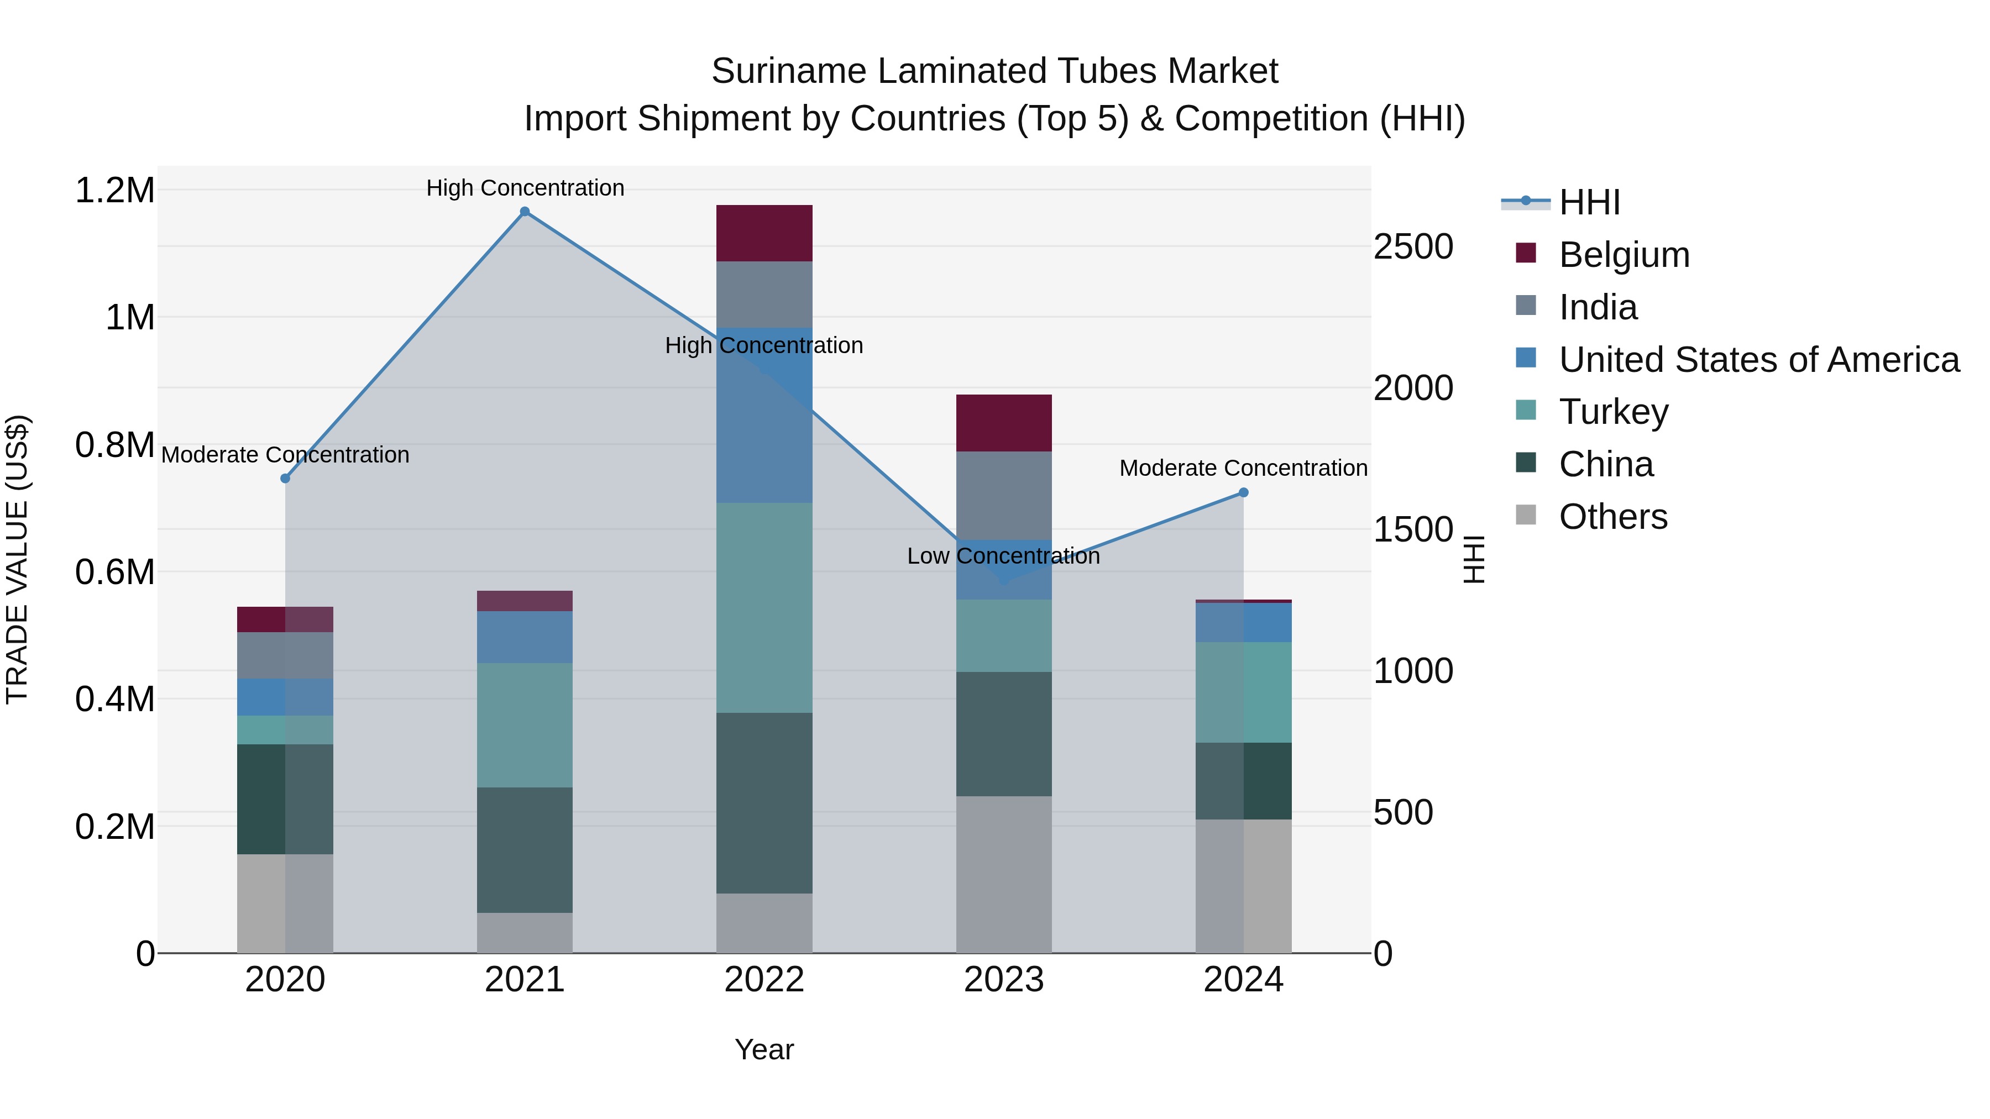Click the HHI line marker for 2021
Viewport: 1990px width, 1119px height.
point(525,212)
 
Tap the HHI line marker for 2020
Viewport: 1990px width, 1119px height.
point(285,478)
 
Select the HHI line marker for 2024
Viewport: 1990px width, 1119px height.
point(1243,492)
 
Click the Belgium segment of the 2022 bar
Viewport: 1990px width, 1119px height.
point(764,233)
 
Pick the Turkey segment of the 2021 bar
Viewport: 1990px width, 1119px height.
point(525,724)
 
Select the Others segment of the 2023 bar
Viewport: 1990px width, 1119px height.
point(1003,874)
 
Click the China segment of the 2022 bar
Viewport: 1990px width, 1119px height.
point(764,802)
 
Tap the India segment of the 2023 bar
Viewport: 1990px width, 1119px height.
point(1003,495)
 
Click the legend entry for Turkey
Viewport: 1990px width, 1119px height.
point(1613,412)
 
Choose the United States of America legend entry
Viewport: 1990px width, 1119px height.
point(1758,360)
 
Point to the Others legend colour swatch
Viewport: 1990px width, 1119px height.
point(1526,515)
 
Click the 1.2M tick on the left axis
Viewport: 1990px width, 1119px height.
point(115,191)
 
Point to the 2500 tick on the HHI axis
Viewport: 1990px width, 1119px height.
point(1413,247)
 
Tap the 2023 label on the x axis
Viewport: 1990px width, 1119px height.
point(1003,980)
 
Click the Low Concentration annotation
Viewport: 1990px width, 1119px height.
point(1003,556)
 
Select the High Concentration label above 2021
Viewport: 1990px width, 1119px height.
point(525,188)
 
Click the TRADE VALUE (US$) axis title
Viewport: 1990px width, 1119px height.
point(17,559)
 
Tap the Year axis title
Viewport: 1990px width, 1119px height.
point(763,1049)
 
